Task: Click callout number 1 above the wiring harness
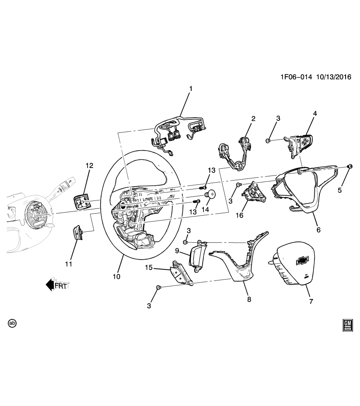tap(191, 89)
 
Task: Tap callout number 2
tap(253, 119)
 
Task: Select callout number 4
tap(315, 113)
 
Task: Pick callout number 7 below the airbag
tap(311, 301)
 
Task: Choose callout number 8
tap(249, 299)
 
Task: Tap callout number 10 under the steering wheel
tap(116, 277)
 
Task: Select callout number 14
tap(207, 209)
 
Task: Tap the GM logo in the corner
tap(348, 324)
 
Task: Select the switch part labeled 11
tap(77, 232)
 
